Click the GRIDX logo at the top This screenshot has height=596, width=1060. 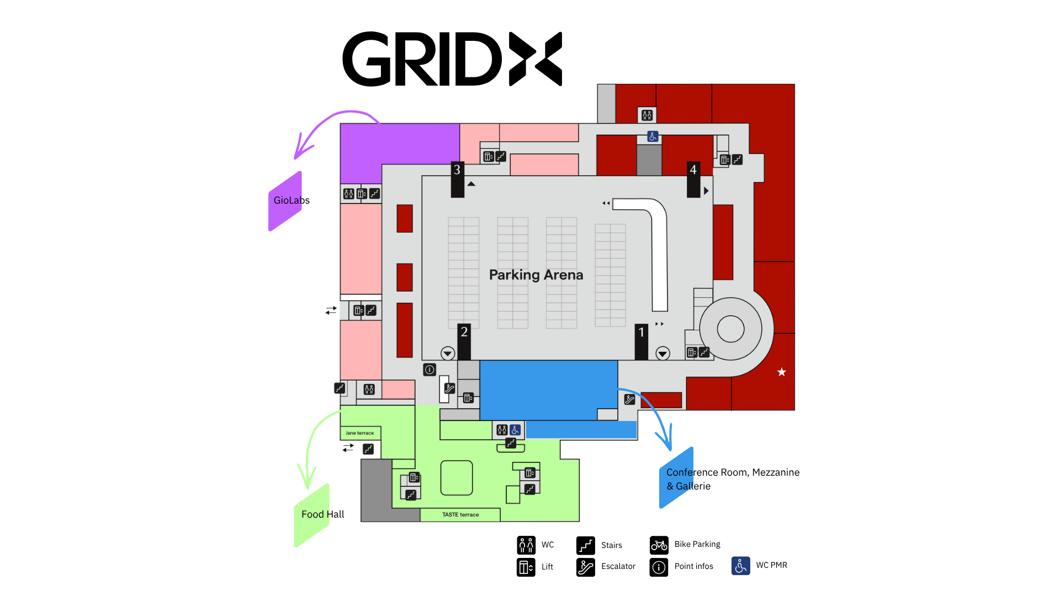(x=452, y=59)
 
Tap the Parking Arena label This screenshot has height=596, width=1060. (x=536, y=275)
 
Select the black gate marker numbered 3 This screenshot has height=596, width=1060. (x=457, y=179)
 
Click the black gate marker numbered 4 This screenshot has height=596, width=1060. (x=693, y=179)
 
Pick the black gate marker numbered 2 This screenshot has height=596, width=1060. (x=464, y=342)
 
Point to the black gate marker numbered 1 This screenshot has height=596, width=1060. (x=642, y=342)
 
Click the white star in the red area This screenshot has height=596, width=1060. (x=782, y=372)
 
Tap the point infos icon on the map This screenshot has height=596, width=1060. (x=430, y=370)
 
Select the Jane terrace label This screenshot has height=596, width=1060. (x=360, y=433)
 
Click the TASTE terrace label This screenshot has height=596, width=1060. (x=460, y=515)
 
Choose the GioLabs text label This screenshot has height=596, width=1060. (x=291, y=200)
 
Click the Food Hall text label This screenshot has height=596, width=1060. (x=322, y=514)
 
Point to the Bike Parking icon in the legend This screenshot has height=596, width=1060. (x=659, y=545)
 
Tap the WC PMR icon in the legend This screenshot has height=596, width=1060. (x=741, y=566)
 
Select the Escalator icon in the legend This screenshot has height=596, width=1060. (x=586, y=567)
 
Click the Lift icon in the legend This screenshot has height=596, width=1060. (x=526, y=567)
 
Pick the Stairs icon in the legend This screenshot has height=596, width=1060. (x=586, y=545)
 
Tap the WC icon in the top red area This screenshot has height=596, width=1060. (x=647, y=115)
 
